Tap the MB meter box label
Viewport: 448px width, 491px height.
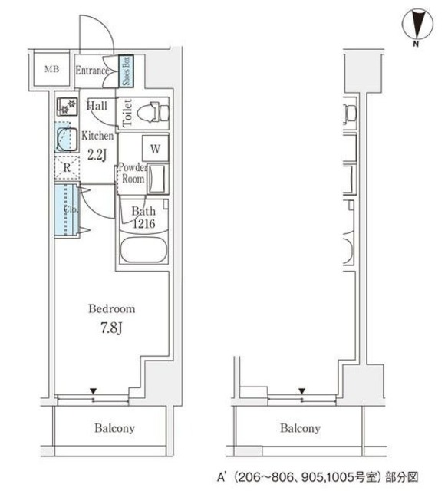point(51,69)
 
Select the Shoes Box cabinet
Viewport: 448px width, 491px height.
point(126,71)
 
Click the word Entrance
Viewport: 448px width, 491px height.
point(92,71)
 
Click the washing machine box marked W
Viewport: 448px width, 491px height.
point(155,148)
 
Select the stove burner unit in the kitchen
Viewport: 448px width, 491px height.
point(67,107)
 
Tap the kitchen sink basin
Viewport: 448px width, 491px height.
point(67,140)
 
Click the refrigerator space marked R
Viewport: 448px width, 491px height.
point(67,168)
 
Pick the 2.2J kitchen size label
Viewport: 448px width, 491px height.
point(97,154)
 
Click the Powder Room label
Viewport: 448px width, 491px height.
point(133,173)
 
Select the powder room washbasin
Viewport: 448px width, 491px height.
point(157,179)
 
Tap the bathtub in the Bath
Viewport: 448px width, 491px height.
point(143,250)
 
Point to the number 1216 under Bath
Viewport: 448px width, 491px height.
point(143,223)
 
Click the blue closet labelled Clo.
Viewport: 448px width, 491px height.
point(66,209)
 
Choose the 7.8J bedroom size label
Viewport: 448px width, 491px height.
point(111,328)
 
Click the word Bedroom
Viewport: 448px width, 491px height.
point(112,308)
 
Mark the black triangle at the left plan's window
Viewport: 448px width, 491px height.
point(93,390)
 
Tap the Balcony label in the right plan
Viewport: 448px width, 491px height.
point(300,428)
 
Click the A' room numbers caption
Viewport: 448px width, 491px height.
point(318,477)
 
